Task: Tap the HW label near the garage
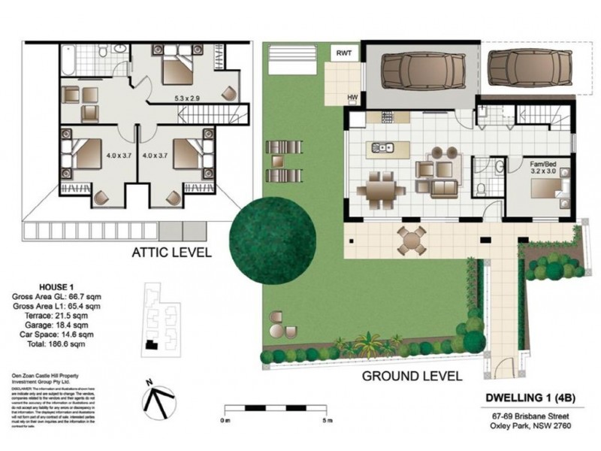point(352,97)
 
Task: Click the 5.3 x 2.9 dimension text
point(184,97)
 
